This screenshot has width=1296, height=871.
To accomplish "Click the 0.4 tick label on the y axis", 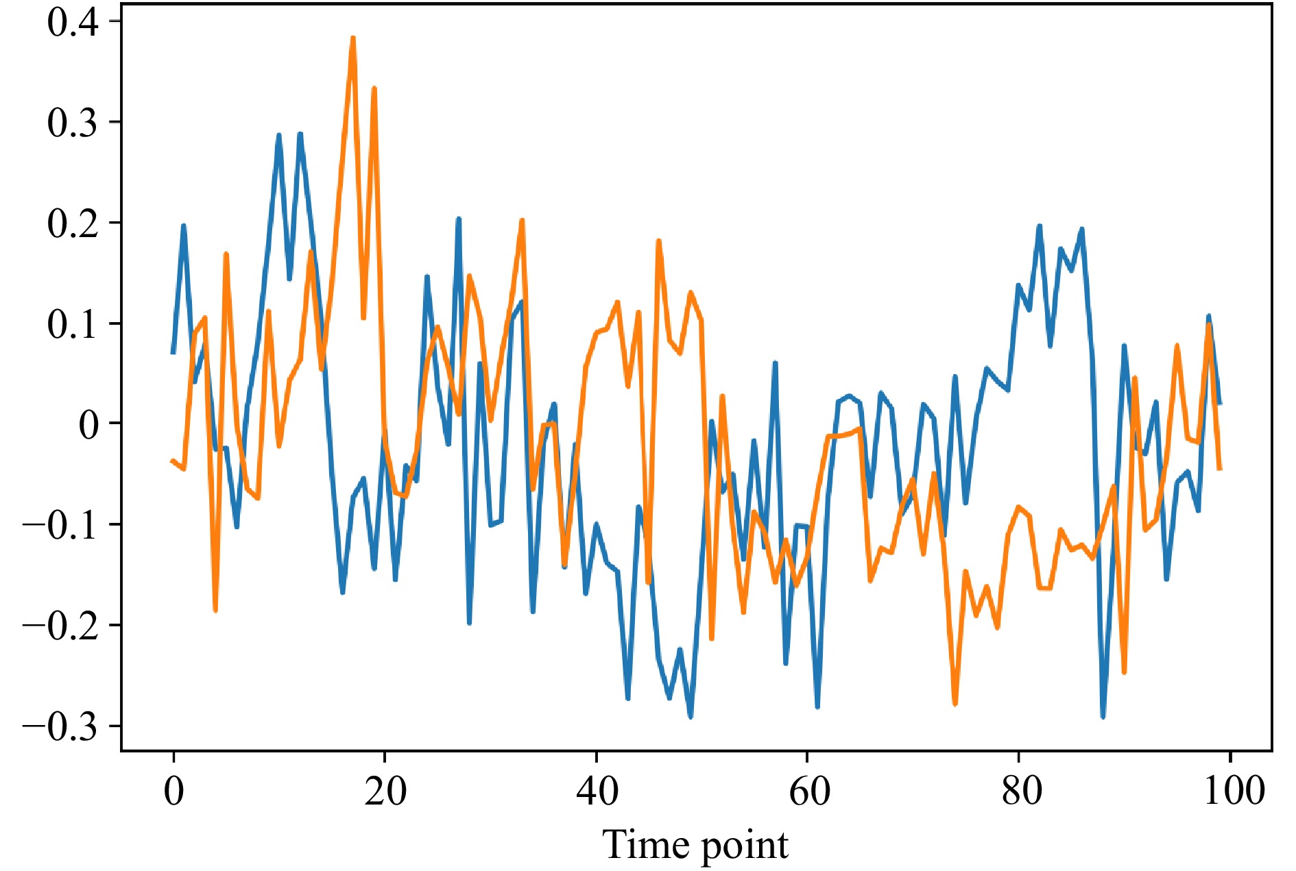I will tap(73, 22).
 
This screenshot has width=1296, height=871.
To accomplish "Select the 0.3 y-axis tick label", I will tap(73, 123).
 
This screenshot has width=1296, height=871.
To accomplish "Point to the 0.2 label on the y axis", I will tap(73, 223).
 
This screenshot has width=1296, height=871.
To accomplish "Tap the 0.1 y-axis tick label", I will tap(73, 324).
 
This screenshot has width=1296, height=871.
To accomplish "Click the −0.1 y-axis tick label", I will tap(60, 526).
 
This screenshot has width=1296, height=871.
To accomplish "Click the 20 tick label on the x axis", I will tap(385, 792).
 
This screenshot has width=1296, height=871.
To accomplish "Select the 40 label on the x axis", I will tap(597, 792).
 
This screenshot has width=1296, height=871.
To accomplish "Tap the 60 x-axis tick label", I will tap(808, 792).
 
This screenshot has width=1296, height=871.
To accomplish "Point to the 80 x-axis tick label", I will tap(1020, 792).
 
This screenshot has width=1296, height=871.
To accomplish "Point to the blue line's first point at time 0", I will tap(173, 352).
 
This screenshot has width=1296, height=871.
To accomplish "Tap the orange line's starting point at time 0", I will tap(173, 461).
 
